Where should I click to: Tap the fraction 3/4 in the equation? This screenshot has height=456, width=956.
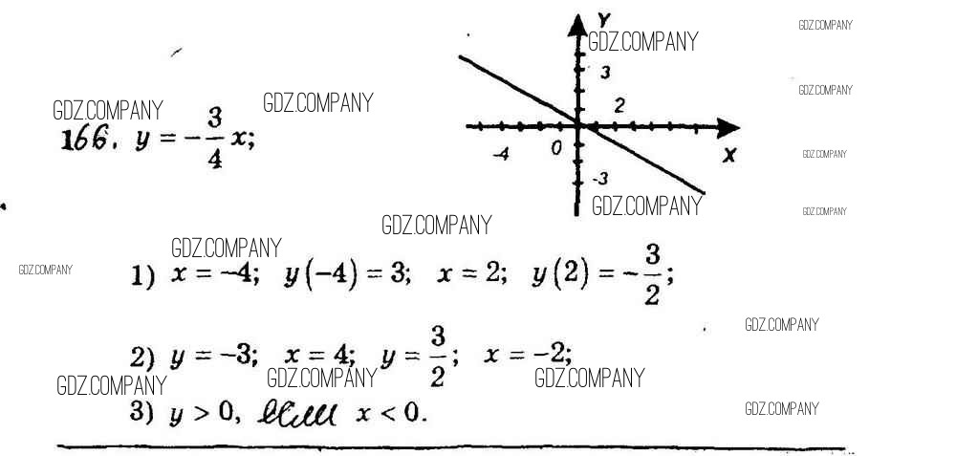[214, 139]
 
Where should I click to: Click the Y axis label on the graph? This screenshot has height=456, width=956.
[603, 19]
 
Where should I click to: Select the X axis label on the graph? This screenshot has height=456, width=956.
[729, 155]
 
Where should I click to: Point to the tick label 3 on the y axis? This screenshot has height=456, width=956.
[604, 73]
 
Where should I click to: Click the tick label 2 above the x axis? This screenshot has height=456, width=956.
[619, 105]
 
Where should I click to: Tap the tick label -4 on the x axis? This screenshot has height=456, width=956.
[500, 154]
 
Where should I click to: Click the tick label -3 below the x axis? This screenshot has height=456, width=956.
[599, 179]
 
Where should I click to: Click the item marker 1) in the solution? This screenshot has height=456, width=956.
[142, 277]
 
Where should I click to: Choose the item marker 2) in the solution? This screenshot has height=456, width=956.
[142, 358]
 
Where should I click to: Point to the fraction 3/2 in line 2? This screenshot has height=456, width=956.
[438, 356]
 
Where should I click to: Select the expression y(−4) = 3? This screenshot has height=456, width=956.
[347, 275]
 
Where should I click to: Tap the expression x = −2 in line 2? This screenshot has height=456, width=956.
[528, 355]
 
